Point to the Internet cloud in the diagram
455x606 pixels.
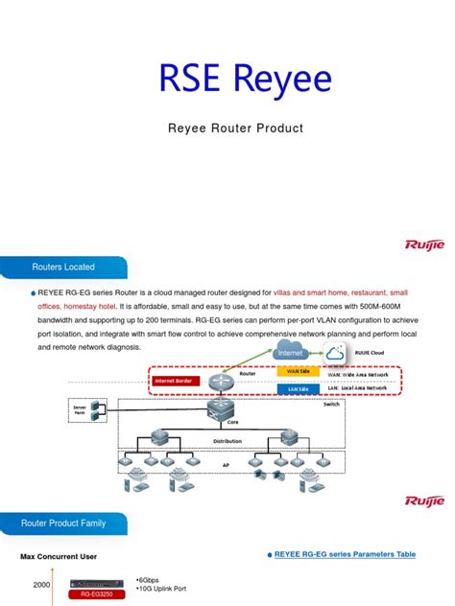(290, 352)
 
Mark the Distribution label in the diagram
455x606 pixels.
(227, 441)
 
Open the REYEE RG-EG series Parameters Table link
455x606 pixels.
(345, 554)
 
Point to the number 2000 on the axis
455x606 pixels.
(41, 584)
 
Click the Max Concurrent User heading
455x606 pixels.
(59, 556)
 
